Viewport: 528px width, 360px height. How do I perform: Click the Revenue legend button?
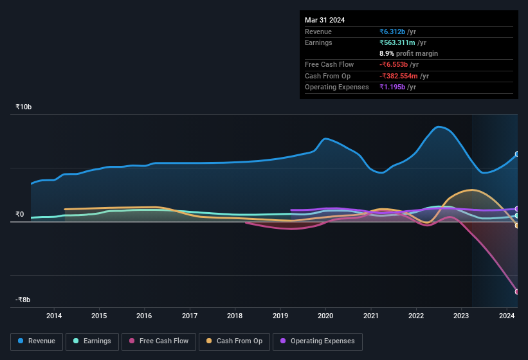pyautogui.click(x=37, y=341)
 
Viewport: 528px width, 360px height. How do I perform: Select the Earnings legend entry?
pyautogui.click(x=91, y=341)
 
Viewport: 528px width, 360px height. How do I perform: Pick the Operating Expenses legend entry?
pyautogui.click(x=317, y=341)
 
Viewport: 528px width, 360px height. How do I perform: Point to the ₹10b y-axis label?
pyautogui.click(x=24, y=107)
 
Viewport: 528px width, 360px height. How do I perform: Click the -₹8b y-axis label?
pyautogui.click(x=24, y=300)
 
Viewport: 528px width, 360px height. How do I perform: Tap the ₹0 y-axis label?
pyautogui.click(x=20, y=215)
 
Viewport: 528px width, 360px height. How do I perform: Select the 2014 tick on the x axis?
pyautogui.click(x=54, y=316)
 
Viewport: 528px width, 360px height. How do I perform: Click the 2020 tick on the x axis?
pyautogui.click(x=325, y=316)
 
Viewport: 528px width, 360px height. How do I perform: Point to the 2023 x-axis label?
pyautogui.click(x=461, y=316)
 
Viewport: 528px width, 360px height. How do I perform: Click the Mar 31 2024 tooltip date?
pyautogui.click(x=325, y=20)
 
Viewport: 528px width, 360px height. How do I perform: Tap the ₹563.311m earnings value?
pyautogui.click(x=403, y=42)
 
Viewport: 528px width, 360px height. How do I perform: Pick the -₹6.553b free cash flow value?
pyautogui.click(x=398, y=64)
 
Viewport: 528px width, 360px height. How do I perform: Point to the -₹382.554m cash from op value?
pyautogui.click(x=404, y=76)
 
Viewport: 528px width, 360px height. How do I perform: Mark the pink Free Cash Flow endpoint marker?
pyautogui.click(x=517, y=292)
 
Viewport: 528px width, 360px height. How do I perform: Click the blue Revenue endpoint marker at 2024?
pyautogui.click(x=517, y=154)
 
